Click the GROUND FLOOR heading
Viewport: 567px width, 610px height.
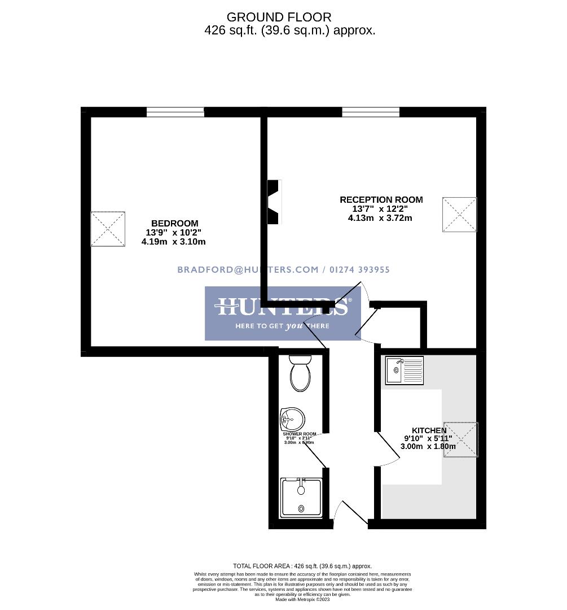(x=279, y=18)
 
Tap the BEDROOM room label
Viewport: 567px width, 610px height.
(x=174, y=224)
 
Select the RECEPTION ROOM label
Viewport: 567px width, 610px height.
(x=381, y=200)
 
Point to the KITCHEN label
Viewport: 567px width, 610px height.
(x=429, y=430)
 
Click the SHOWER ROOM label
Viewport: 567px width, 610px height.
(x=300, y=434)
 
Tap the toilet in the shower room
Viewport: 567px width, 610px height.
(x=300, y=373)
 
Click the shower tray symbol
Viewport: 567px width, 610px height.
(x=301, y=497)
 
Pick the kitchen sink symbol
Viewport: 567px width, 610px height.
(x=404, y=370)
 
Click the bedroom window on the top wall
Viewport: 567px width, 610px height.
(x=175, y=112)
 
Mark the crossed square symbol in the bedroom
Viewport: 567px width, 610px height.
(x=108, y=229)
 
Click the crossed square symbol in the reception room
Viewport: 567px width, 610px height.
(x=459, y=214)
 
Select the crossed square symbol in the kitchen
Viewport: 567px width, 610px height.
(x=460, y=439)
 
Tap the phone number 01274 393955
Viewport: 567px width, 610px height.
(x=358, y=270)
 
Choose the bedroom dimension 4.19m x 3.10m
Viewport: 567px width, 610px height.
(x=173, y=242)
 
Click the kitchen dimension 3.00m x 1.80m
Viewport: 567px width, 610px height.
(x=428, y=446)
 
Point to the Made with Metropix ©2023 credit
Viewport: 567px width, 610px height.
(x=302, y=599)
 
